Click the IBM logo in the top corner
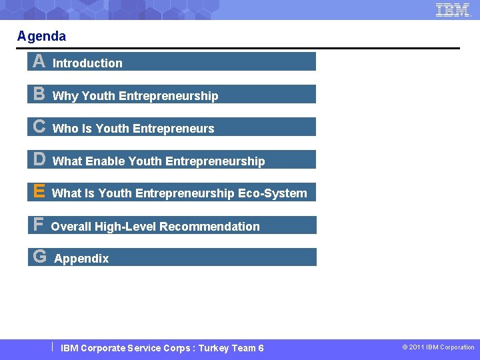coord(453,10)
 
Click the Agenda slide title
coord(41,36)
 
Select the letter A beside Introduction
coord(39,62)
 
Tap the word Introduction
coord(87,63)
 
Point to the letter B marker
coord(39,95)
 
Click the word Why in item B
coord(65,96)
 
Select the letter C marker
coord(39,127)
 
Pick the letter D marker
coord(39,159)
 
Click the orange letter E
coord(39,192)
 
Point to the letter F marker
coord(38,225)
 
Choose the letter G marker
coord(39,257)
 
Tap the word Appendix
coord(81,259)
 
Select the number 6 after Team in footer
coord(261,348)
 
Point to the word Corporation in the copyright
coord(457,347)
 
